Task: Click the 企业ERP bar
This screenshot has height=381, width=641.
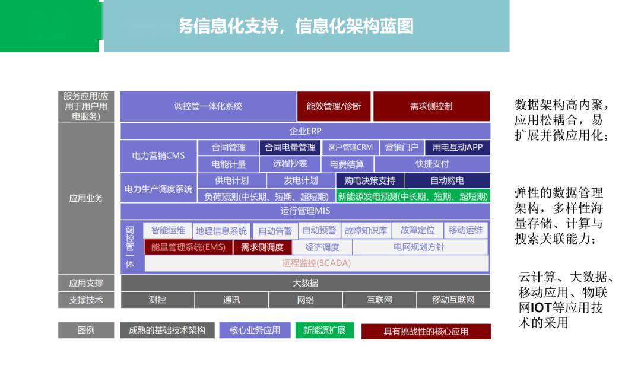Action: point(305,131)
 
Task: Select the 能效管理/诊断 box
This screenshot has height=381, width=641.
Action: point(334,106)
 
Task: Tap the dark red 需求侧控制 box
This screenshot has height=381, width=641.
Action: point(431,106)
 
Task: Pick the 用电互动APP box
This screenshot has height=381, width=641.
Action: point(458,148)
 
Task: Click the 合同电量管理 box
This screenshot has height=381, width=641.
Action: point(290,148)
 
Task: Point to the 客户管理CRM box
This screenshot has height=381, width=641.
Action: point(350,148)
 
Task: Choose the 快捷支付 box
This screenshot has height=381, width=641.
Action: point(433,164)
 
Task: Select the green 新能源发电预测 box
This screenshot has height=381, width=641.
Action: point(413,196)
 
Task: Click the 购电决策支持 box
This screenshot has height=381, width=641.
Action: point(370,180)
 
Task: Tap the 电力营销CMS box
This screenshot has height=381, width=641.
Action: point(158,155)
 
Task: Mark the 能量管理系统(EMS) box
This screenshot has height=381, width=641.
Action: point(188,247)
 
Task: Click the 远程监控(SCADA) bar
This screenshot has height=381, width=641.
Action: point(316,263)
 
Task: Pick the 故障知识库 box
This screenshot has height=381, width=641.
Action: point(366,231)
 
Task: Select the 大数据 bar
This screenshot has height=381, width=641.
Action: point(306,283)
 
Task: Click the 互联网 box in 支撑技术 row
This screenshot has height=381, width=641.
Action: point(379,300)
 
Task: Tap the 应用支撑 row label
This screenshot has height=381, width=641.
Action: point(86,283)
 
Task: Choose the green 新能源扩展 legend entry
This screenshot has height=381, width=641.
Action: point(325,331)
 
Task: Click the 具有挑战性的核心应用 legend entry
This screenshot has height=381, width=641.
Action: point(426,331)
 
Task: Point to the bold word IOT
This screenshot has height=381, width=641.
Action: point(541,307)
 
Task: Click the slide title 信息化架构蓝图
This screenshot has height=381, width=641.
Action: point(354,26)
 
